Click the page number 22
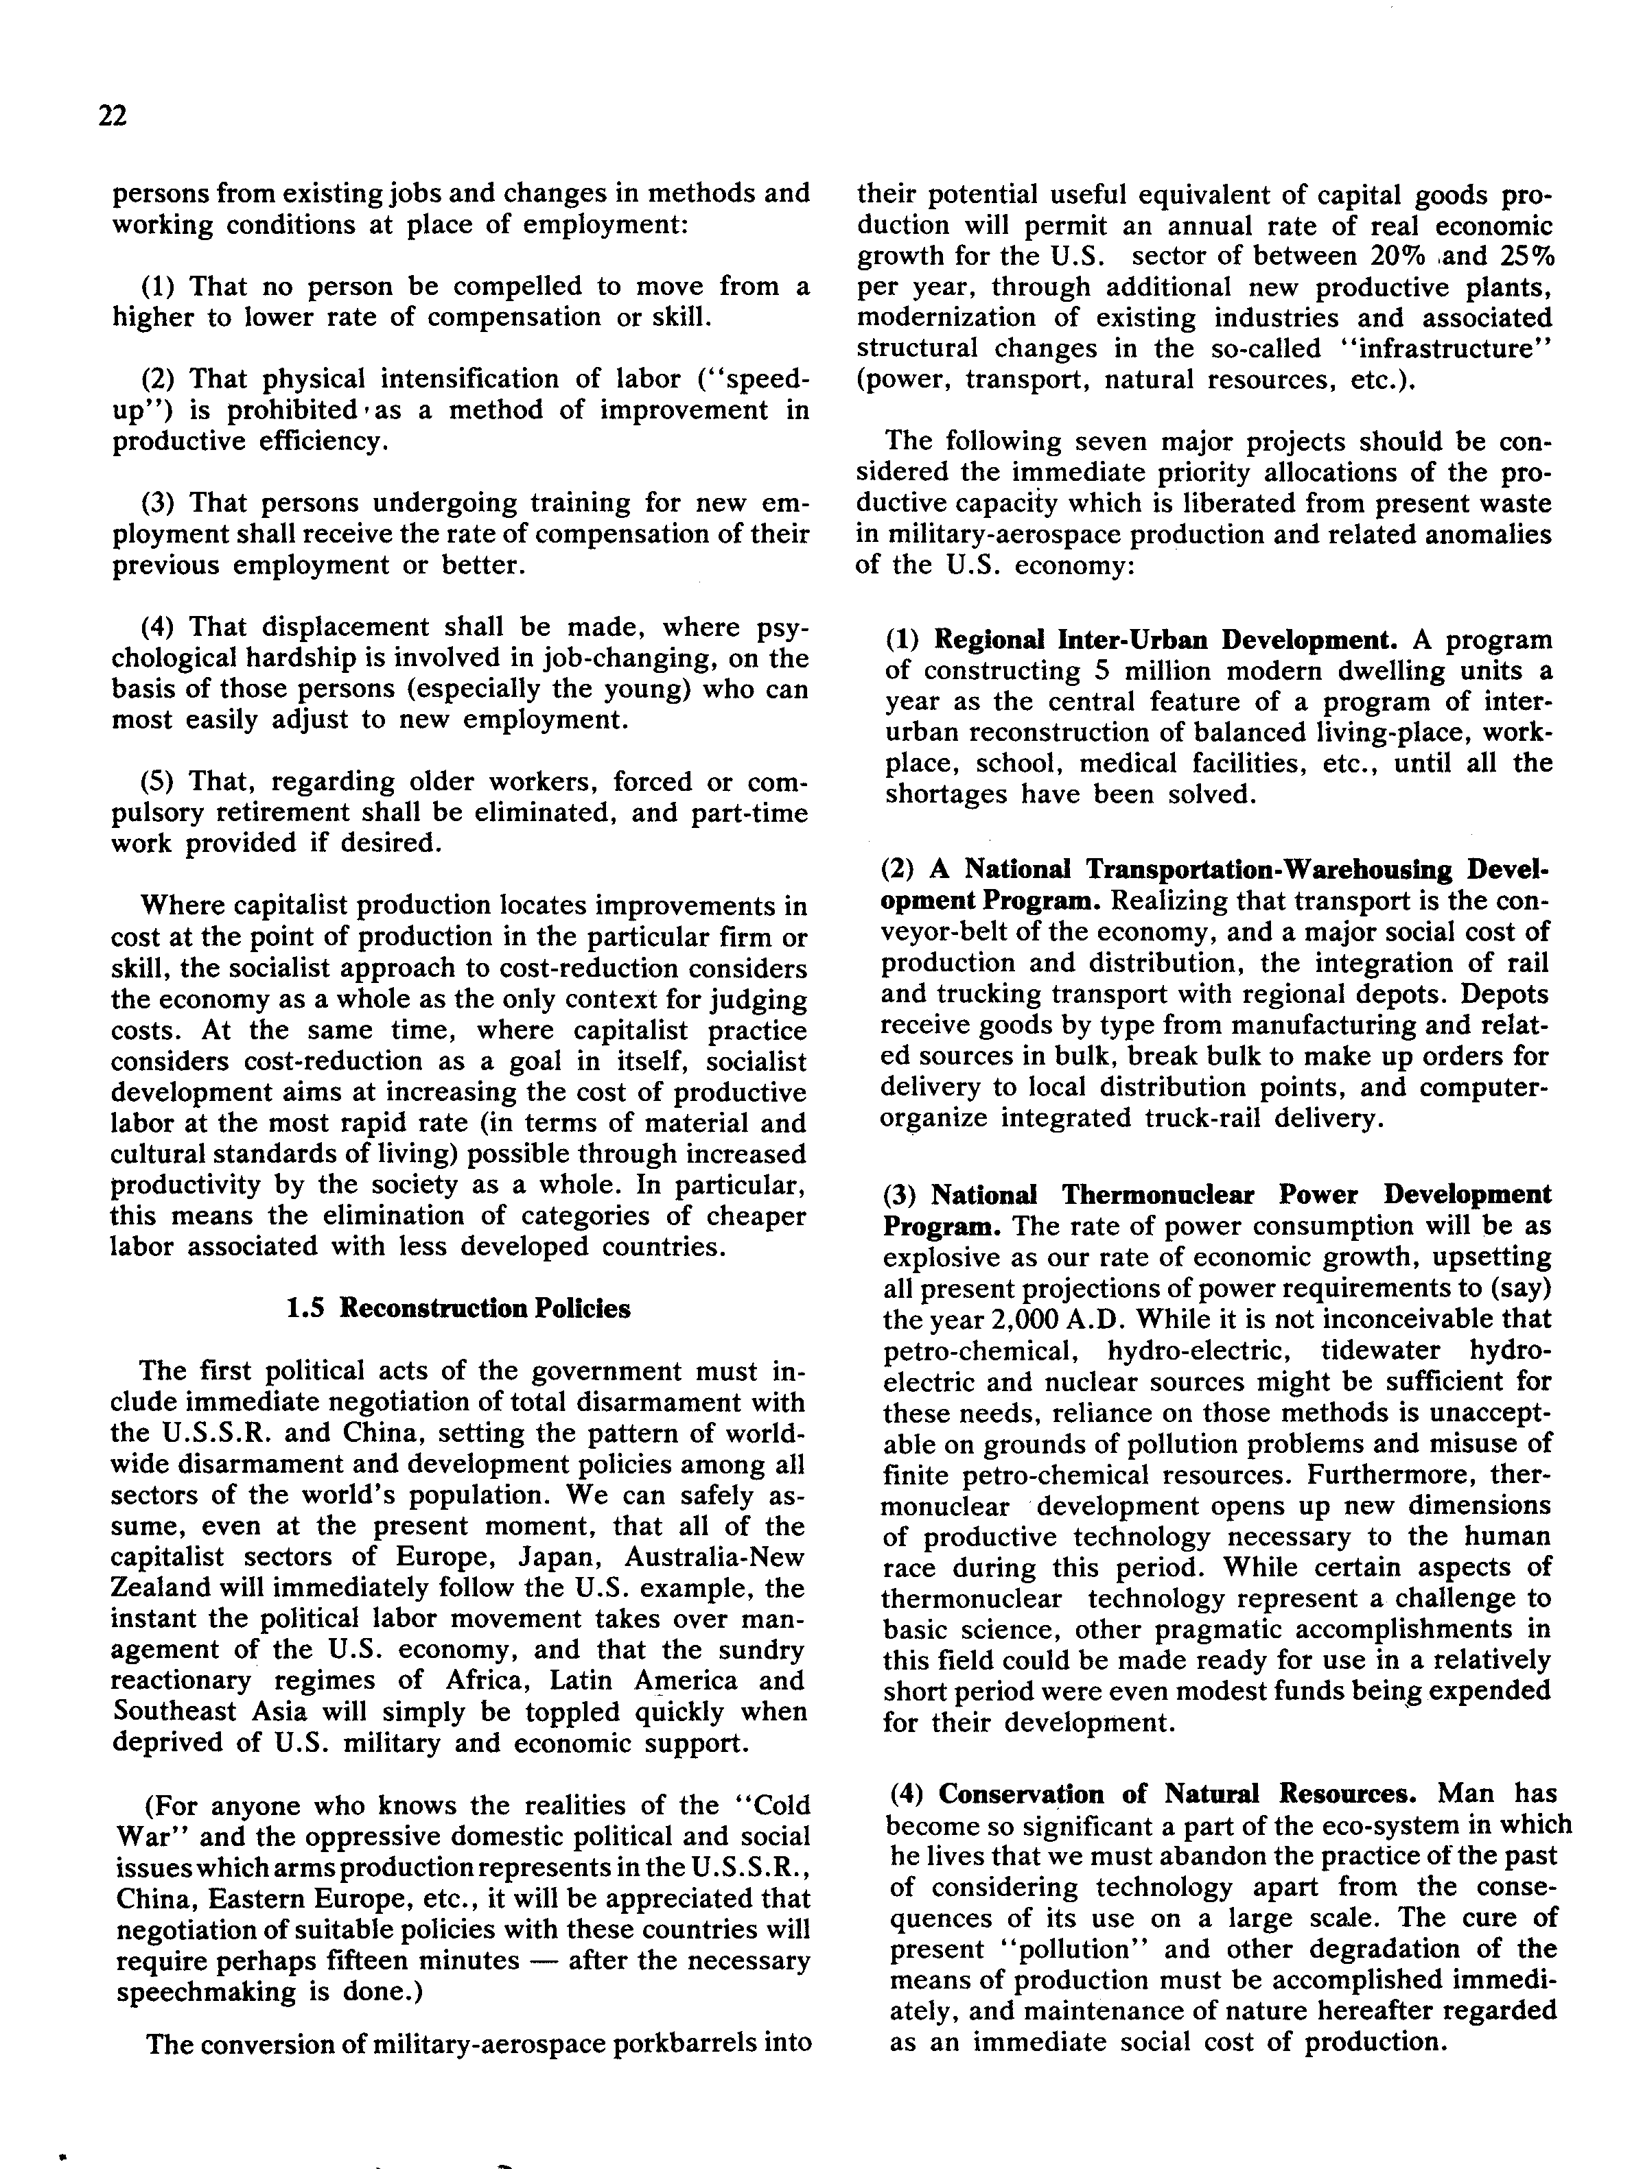coord(113,117)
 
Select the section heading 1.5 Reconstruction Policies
coord(458,1308)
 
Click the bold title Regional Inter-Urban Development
coord(1165,640)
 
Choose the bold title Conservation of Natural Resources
coord(1177,1794)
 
